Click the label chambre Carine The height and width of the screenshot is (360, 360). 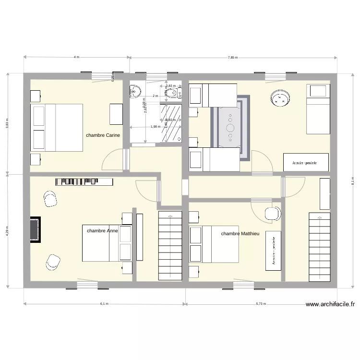coord(103,135)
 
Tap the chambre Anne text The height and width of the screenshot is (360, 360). coord(102,231)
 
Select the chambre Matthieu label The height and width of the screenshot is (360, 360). coord(240,233)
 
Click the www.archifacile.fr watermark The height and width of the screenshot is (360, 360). coord(330,304)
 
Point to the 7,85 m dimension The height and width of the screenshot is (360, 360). coord(232,57)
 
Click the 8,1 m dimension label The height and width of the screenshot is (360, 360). coord(353,180)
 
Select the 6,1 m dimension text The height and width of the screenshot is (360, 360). coord(104,304)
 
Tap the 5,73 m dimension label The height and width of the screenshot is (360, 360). coord(261,304)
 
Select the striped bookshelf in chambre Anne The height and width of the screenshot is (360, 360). coord(84,181)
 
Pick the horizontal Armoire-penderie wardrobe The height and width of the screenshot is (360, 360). coord(306,162)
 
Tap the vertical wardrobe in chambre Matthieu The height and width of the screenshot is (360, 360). coord(273,251)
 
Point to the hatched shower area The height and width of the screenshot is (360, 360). coord(172,123)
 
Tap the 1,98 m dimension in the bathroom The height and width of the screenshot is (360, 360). coord(155,127)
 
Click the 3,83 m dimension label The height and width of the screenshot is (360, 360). coord(7,123)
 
